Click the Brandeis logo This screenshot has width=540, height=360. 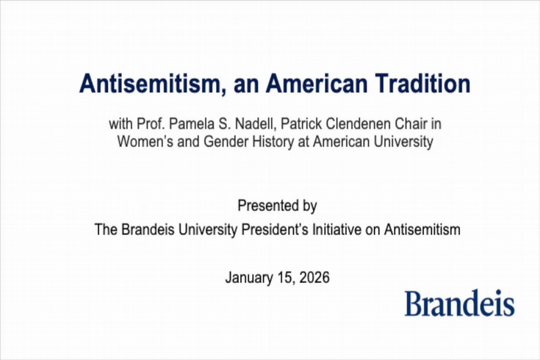pyautogui.click(x=458, y=303)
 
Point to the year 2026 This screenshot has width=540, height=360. pyautogui.click(x=314, y=278)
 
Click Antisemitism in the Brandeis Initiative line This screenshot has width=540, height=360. pyautogui.click(x=422, y=229)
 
